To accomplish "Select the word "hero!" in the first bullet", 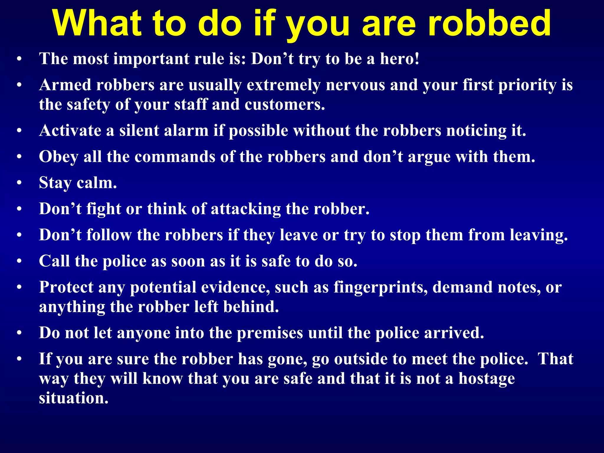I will [399, 59].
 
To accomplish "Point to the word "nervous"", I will [355, 85].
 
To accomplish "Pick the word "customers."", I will [285, 105].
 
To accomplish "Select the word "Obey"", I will [59, 157].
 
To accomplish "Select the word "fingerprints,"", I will [380, 288].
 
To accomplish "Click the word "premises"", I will [270, 333].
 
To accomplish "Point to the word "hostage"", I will [487, 379].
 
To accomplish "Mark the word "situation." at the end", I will [74, 398].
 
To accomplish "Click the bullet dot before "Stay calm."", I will [19, 183].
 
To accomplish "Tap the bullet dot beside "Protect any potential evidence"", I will [19, 288].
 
